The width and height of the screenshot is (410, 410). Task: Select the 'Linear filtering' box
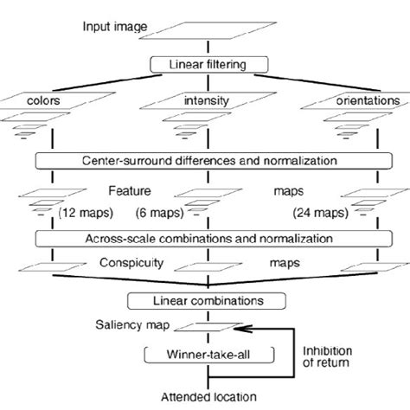coord(206,64)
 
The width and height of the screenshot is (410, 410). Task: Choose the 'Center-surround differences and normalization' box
coord(206,160)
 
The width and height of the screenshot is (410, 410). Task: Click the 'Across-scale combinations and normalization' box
coord(206,236)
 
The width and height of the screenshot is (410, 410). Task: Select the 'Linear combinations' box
coord(206,302)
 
